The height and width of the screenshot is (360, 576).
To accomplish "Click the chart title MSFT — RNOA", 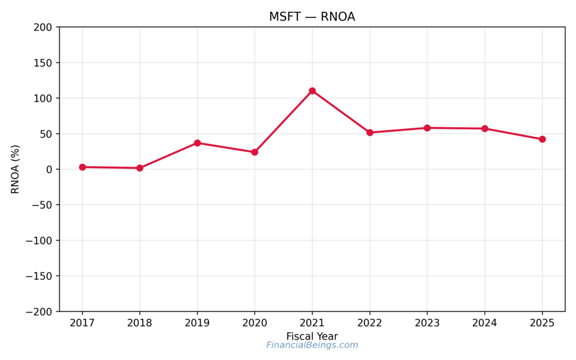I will (312, 17).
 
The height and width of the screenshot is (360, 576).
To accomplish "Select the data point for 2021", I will (312, 91).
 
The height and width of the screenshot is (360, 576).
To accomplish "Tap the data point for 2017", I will (82, 167).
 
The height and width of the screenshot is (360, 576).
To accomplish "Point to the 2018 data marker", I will (139, 168).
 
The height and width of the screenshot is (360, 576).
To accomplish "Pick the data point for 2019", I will (197, 143).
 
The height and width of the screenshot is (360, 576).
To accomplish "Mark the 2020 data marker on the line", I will (254, 152).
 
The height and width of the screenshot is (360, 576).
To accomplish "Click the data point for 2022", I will (370, 133).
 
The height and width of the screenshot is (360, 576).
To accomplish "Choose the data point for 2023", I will (427, 128).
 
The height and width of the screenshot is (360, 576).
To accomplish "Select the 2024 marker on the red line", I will (484, 129).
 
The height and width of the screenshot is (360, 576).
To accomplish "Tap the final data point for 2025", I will (542, 139).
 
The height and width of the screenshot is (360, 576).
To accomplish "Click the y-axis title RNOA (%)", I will (15, 169).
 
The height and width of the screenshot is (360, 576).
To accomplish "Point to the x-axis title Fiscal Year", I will (312, 336).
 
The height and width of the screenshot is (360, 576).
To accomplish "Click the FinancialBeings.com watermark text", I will (312, 345).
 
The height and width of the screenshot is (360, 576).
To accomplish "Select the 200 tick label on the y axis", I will (43, 28).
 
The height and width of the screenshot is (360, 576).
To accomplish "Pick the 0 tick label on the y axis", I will (49, 169).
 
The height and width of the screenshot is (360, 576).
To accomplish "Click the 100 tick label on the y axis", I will (43, 98).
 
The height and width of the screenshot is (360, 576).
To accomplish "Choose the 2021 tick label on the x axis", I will (312, 323).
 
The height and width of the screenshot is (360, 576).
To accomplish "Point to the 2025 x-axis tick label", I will (542, 323).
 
